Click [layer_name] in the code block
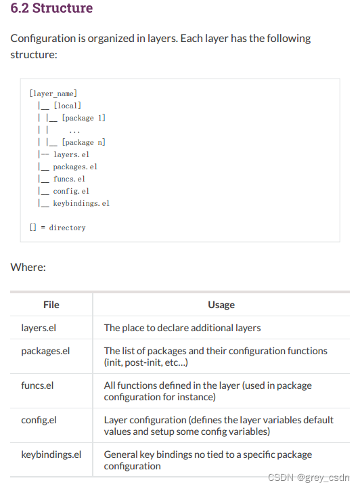coord(53,93)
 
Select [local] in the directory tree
coord(67,106)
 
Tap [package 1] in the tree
coord(83,118)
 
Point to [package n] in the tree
coord(83,142)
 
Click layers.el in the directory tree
coord(71,154)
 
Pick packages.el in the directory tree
coord(75,167)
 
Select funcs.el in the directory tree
coord(69,179)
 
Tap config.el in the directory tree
coord(71,191)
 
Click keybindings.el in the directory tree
coord(81,203)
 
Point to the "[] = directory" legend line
coord(58,228)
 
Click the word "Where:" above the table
coord(28,267)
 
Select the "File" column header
coord(51,305)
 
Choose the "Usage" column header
coord(221,305)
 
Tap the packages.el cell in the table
coord(45,351)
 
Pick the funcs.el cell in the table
coord(38,385)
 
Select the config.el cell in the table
coord(39,420)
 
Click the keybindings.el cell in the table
coord(51,454)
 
